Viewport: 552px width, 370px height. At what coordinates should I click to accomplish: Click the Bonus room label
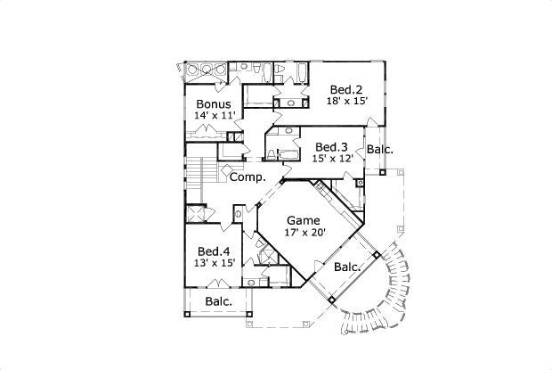[214, 104]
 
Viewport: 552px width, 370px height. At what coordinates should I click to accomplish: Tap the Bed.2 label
[345, 90]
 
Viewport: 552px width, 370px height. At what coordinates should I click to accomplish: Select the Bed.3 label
[330, 147]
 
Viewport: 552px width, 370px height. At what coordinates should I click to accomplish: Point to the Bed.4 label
[215, 251]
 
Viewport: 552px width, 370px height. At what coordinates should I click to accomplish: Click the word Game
[304, 219]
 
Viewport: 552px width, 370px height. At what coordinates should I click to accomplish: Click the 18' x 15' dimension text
[346, 103]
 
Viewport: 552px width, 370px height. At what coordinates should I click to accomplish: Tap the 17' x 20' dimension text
[304, 233]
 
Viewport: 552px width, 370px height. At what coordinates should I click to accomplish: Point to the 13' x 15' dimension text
[215, 264]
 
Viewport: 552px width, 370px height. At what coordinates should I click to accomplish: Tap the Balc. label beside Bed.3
[380, 150]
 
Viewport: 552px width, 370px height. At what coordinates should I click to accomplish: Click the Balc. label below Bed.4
[218, 301]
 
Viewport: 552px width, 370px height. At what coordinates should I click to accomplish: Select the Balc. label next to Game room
[347, 267]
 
